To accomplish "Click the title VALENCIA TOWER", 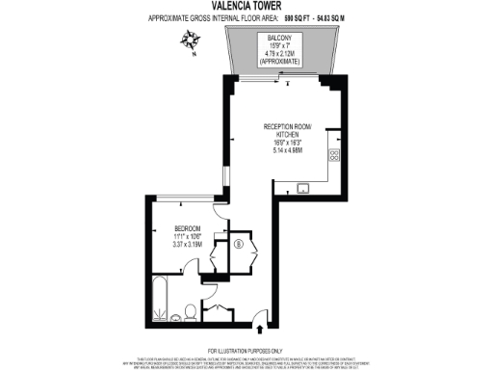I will click(246, 7).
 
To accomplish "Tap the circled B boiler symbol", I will click(237, 243).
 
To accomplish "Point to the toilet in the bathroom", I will click(192, 310).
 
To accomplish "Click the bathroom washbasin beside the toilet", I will click(217, 309).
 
